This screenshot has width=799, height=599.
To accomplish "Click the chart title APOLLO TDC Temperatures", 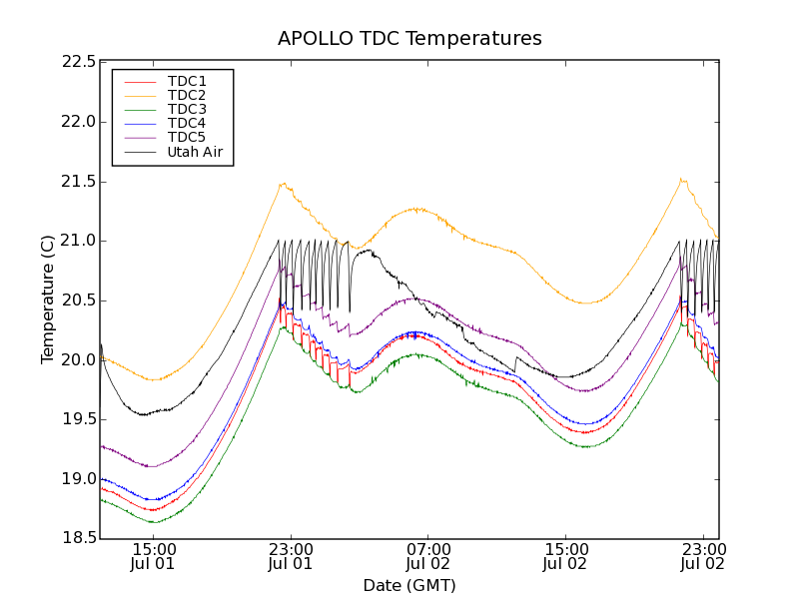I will click(x=409, y=39).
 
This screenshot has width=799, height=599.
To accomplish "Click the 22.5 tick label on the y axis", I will click(x=78, y=62).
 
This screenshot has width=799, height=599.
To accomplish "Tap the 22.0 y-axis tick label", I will click(x=78, y=122).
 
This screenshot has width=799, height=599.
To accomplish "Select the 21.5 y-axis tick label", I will click(x=78, y=181).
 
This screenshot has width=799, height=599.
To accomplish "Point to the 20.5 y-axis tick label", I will click(x=78, y=300).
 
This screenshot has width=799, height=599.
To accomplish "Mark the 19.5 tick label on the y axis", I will click(x=78, y=419).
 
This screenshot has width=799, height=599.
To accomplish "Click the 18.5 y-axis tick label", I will click(x=78, y=538).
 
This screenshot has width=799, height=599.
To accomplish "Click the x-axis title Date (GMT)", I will click(x=409, y=585).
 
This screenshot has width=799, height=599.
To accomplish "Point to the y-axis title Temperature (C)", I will click(x=48, y=299).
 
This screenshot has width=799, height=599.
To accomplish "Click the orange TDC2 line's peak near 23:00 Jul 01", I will click(x=284, y=184).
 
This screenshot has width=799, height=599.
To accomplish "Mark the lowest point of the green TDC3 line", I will click(x=153, y=522).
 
